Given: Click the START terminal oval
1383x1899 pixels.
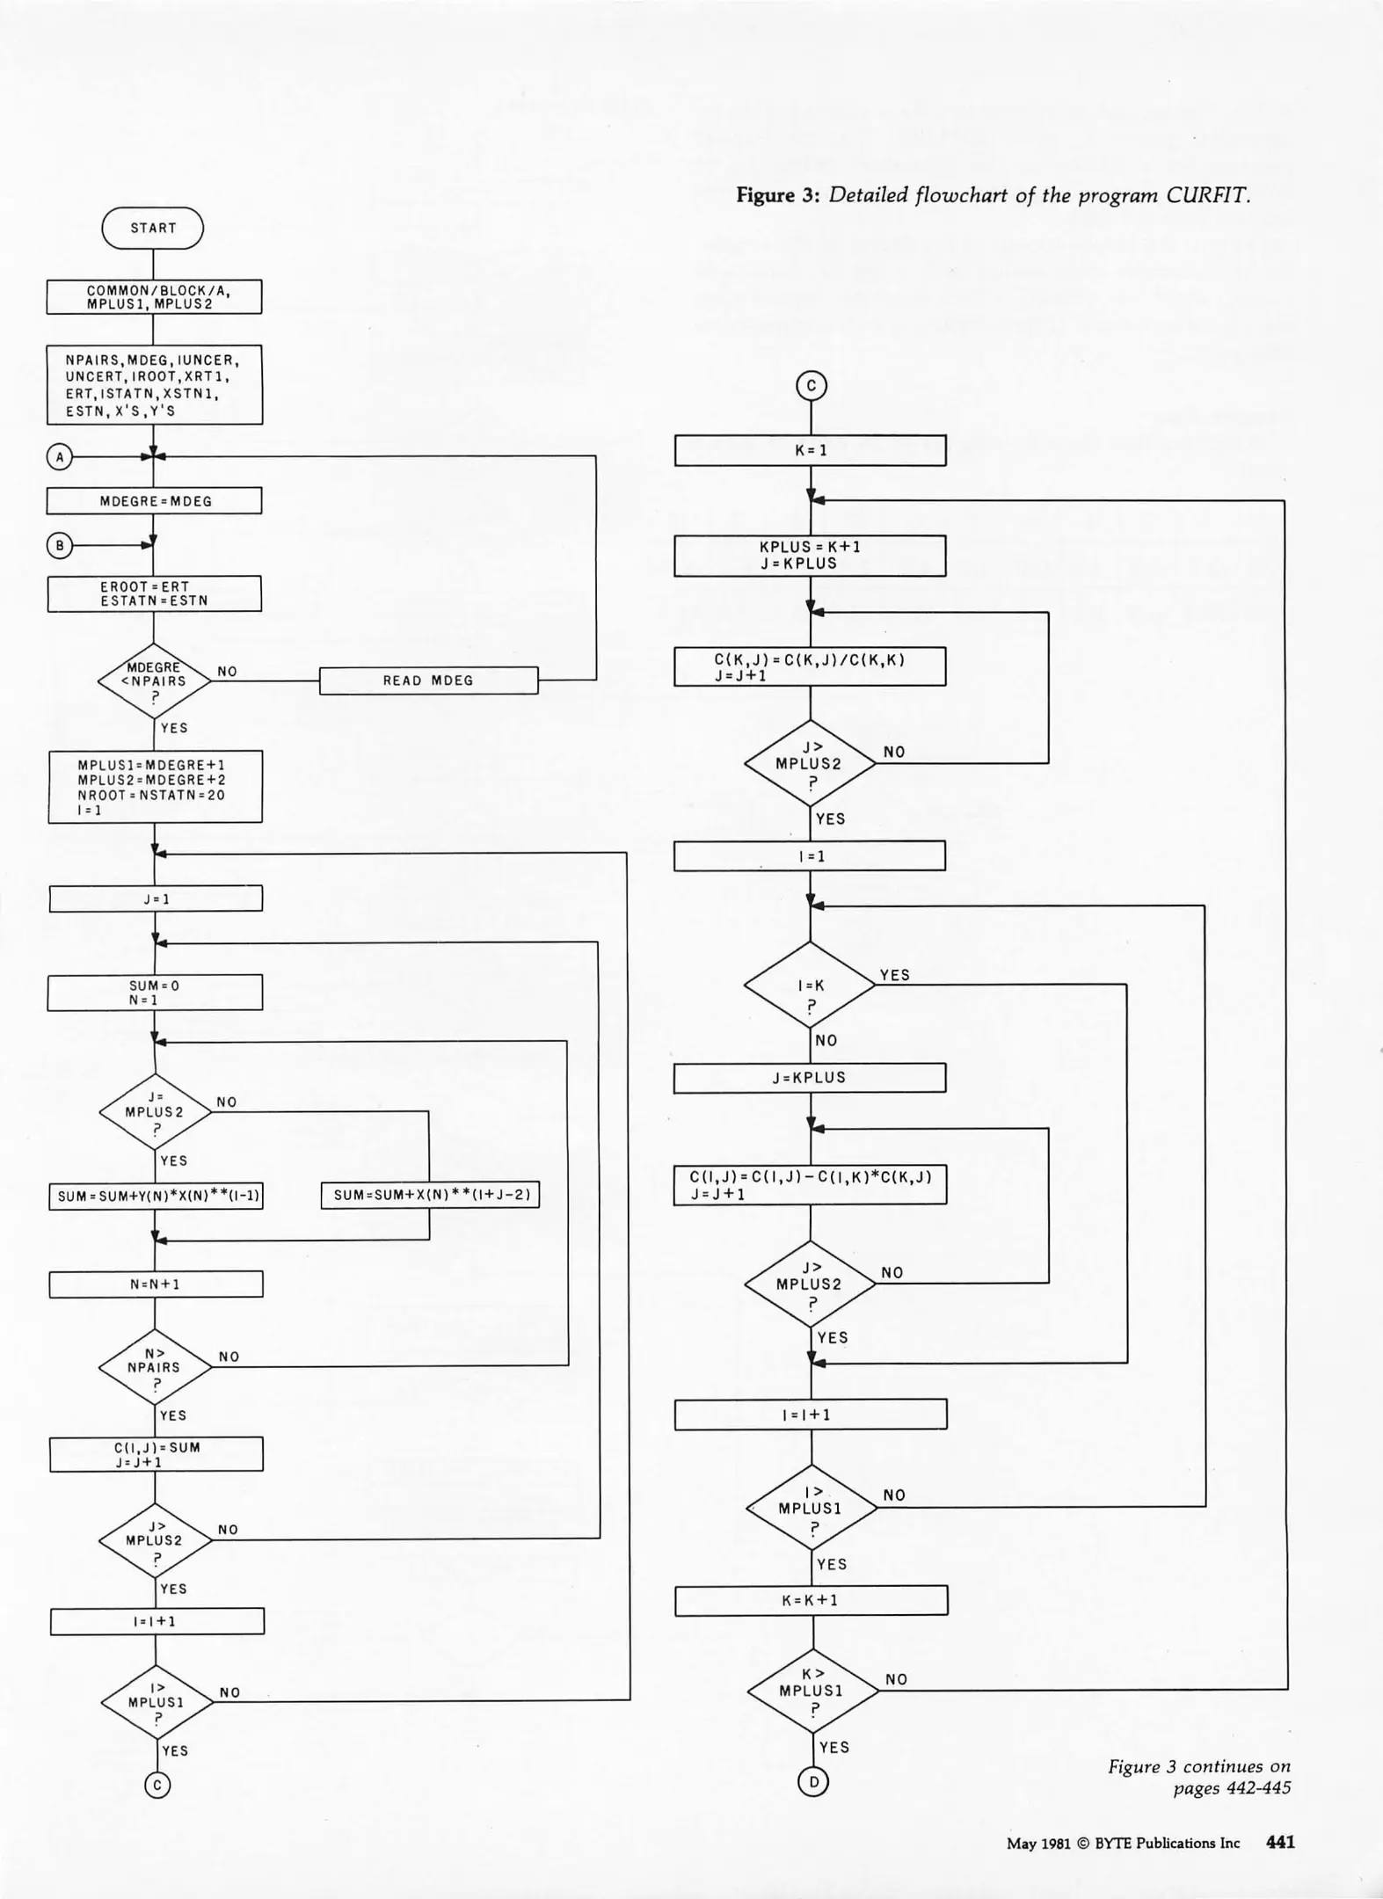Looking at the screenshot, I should coord(153,228).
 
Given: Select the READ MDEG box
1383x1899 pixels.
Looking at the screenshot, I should coord(428,680).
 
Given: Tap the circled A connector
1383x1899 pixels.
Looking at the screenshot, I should coord(59,456).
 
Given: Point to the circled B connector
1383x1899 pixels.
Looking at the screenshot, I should coord(59,546).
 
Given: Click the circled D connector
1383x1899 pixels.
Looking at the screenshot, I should coord(813,1781).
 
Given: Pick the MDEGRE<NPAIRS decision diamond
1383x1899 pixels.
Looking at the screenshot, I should coord(155,681).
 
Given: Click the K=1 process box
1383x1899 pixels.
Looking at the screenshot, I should coord(810,450).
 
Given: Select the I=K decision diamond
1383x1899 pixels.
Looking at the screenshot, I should coord(810,985).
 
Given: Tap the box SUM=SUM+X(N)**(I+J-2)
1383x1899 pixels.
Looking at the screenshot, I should coord(430,1195).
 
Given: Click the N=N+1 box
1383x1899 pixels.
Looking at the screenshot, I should coord(156,1284).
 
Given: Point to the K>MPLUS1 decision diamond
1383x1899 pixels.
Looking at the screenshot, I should coord(812,1690).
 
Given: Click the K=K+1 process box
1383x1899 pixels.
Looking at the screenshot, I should coord(811,1600).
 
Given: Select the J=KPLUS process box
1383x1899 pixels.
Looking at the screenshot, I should coord(810,1078).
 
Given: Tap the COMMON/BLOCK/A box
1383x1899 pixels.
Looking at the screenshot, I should coord(154,296).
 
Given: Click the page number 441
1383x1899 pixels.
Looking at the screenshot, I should coord(1280,1843).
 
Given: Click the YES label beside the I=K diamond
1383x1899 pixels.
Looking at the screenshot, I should coord(894,975).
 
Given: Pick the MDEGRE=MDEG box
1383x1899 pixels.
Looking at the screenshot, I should coord(154,501).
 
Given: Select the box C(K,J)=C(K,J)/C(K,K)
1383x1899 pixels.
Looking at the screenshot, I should coord(810,666).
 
